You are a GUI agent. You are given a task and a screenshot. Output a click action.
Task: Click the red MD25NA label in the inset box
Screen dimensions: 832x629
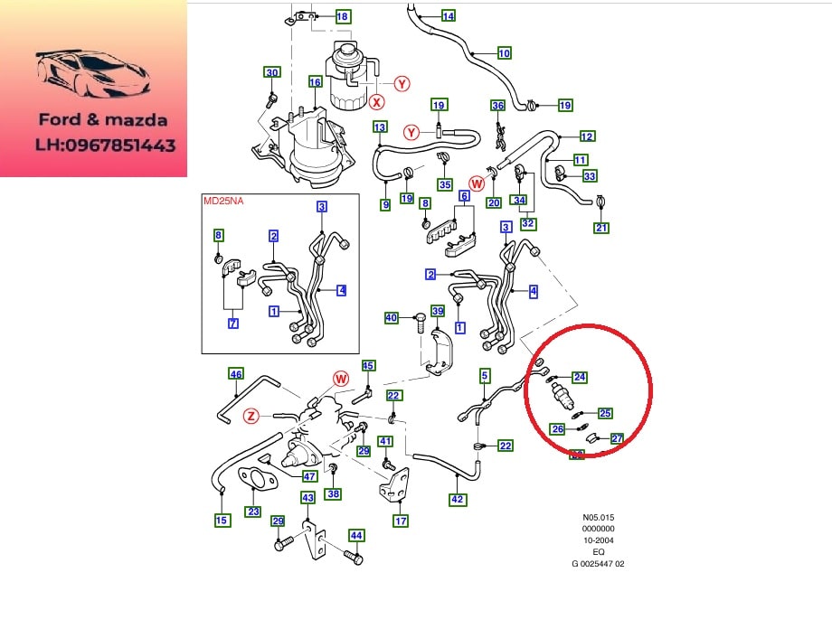223,201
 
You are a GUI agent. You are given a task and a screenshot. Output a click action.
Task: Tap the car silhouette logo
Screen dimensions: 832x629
93,74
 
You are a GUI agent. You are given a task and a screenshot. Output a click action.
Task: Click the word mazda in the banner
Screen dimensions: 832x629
136,120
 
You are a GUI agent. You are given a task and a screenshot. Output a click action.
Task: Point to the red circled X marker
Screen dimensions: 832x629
377,102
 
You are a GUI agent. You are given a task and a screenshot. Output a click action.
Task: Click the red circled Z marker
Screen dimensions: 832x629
251,417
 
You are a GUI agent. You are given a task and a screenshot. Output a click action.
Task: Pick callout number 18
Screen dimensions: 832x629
342,16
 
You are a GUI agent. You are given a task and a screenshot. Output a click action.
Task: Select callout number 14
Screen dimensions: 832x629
449,16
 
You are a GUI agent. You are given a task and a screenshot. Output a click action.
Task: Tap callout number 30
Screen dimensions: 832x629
272,72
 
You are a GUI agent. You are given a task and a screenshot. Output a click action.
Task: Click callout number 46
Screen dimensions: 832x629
236,374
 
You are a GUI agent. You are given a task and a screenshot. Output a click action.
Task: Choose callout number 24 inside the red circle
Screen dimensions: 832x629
580,377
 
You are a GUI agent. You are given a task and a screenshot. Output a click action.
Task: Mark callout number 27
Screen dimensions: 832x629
617,438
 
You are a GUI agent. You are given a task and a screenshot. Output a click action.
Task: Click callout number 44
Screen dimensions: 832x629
356,536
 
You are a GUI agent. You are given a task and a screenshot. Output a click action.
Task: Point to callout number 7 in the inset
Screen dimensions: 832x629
233,323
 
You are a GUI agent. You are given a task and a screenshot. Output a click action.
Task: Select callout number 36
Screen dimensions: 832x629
497,106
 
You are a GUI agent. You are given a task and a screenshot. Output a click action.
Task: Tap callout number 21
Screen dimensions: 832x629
601,228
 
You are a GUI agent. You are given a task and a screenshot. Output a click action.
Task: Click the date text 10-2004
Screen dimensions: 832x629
598,540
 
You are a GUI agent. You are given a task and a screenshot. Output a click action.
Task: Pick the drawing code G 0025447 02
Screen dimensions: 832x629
598,564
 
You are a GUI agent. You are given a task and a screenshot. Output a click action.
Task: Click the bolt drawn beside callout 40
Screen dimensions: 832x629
420,322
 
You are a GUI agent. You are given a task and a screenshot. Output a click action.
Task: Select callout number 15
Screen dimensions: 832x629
222,521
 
